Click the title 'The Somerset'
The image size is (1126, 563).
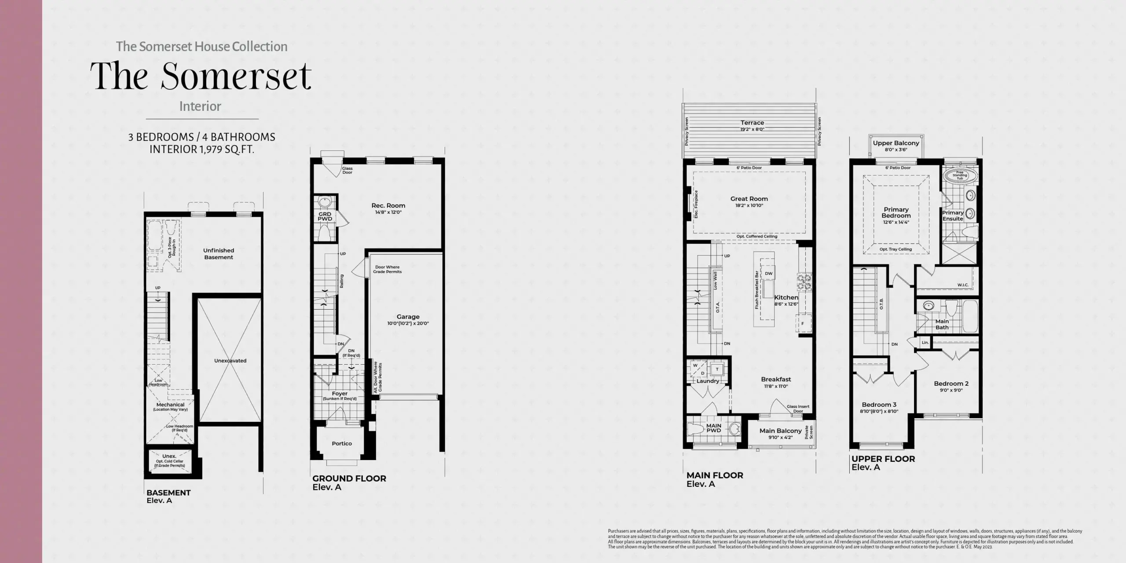[x=201, y=77]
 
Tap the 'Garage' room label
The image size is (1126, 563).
[x=408, y=317]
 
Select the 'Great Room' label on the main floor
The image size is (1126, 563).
[x=749, y=199]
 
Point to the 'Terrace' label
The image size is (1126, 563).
[x=752, y=123]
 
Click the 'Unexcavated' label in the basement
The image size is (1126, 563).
[x=230, y=361]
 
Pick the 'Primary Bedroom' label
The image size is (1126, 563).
[x=896, y=212]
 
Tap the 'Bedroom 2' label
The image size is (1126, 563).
[x=951, y=384]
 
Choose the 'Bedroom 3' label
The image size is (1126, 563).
[x=879, y=405]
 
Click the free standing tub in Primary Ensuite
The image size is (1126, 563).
[x=960, y=175]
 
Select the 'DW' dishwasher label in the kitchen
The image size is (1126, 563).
[x=768, y=274]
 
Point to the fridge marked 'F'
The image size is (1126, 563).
[x=802, y=324]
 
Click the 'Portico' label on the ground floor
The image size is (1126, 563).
[x=342, y=443]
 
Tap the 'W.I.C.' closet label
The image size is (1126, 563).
[x=963, y=285]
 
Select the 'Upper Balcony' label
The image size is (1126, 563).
[x=896, y=143]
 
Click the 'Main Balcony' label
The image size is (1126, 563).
[x=780, y=431]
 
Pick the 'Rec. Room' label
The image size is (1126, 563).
[x=388, y=205]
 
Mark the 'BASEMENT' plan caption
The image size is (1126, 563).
[x=168, y=493]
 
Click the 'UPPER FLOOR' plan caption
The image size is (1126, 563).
[x=883, y=459]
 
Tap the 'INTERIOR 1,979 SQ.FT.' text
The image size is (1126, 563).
[x=201, y=150]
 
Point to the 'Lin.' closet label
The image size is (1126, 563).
[x=925, y=343]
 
